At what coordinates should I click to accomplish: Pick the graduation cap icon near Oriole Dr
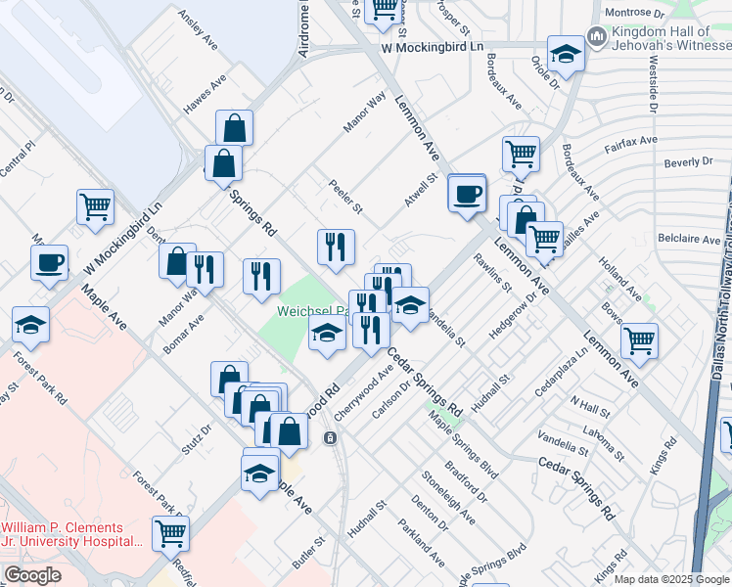coord(566,55)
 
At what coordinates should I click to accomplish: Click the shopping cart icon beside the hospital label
coord(170,533)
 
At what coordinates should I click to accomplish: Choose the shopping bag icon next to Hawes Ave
coord(235,128)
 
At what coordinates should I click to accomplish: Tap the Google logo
coord(32,575)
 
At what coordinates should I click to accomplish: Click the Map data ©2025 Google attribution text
coord(671,579)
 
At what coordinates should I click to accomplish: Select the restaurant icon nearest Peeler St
coord(336,246)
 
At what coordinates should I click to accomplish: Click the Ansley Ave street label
coord(198,31)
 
